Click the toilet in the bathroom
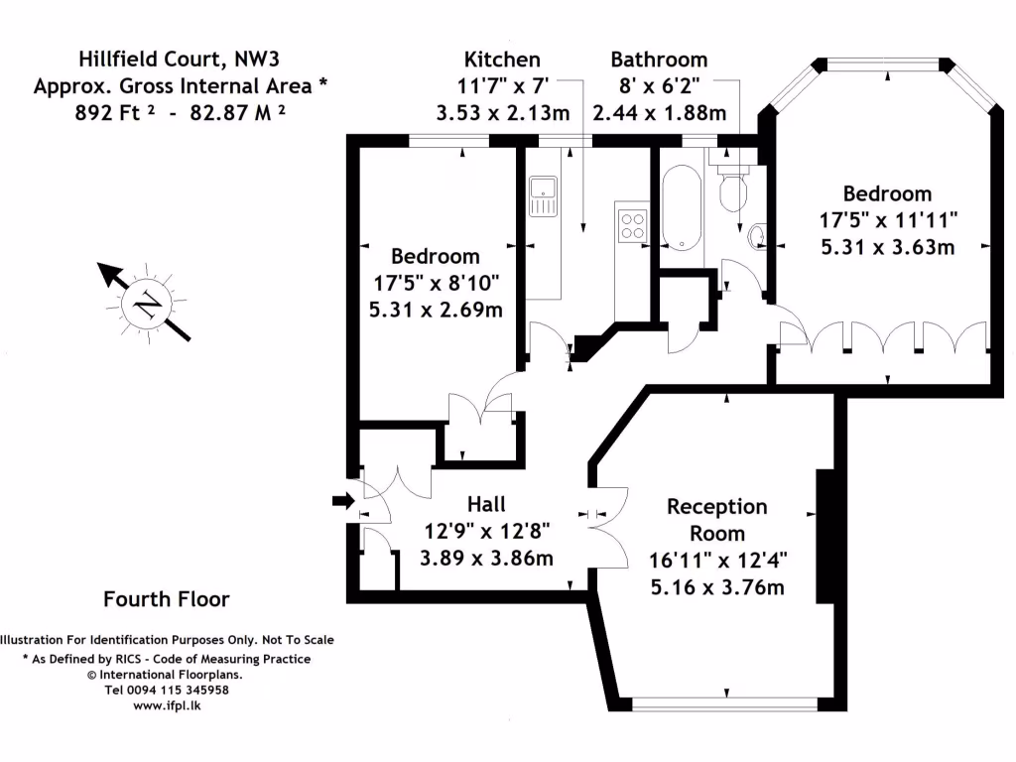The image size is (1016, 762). coord(733,188)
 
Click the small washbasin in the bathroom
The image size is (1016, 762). coord(757,235)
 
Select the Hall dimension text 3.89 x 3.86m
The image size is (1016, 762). coord(486,558)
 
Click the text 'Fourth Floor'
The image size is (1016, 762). coord(167,599)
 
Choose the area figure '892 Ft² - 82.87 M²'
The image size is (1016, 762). coord(181,112)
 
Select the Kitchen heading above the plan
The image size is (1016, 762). coord(502,60)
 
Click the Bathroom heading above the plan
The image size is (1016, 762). coord(659,60)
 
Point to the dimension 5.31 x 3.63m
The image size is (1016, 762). coord(887,247)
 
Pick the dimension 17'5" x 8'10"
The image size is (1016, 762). coord(435,283)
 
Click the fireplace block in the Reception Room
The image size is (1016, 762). coord(824,536)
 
